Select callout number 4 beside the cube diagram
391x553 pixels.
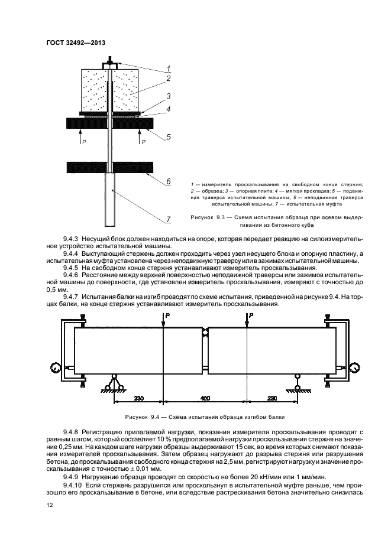point(168,109)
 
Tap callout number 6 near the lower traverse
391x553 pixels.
point(168,181)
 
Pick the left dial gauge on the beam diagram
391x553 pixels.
point(56,366)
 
